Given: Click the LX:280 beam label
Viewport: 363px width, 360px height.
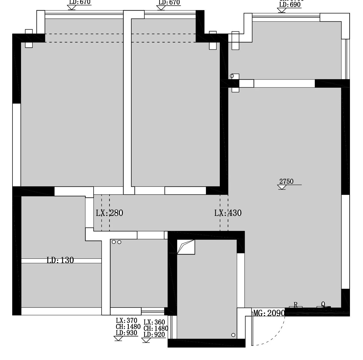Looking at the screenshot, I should [109, 213].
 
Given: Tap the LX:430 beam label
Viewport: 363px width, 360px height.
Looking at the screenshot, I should [228, 213].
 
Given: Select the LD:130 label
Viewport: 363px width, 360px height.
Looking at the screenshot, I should [60, 260].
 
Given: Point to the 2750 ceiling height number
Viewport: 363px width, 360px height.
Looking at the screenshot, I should [286, 182].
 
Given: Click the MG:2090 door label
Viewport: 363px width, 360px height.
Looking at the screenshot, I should [269, 313].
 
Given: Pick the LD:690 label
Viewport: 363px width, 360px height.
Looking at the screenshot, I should [290, 5].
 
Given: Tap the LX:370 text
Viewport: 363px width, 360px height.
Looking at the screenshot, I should [126, 321].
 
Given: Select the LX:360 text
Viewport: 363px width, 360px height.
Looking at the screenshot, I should [154, 322].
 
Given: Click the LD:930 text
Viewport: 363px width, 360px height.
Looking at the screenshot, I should [126, 333].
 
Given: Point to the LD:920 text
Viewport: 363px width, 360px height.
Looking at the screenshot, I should [154, 334].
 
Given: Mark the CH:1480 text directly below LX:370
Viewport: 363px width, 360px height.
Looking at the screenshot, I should [128, 327].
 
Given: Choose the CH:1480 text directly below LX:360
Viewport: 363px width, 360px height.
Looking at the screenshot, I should [156, 329].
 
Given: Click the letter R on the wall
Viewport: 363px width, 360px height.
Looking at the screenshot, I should [296, 305].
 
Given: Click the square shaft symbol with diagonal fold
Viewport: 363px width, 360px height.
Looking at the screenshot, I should [186, 247].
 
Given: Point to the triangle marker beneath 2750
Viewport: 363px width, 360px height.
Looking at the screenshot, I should [282, 187].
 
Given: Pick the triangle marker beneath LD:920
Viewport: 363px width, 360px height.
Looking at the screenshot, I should [146, 340].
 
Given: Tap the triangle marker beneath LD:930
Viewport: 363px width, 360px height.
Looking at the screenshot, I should [118, 338].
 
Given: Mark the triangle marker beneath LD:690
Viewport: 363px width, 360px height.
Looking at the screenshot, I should [281, 10].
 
